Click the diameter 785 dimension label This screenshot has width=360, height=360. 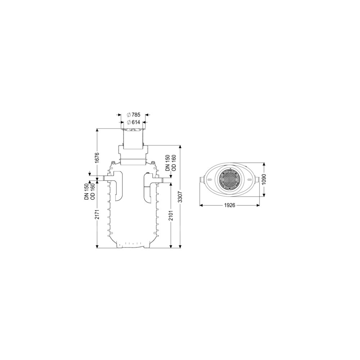point(134,114)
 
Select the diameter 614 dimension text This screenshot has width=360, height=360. point(134,122)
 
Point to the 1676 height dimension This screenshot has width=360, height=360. point(97,158)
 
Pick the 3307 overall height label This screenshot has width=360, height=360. point(180,197)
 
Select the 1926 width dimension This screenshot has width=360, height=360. point(230,205)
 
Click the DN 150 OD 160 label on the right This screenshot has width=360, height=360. point(171,163)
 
